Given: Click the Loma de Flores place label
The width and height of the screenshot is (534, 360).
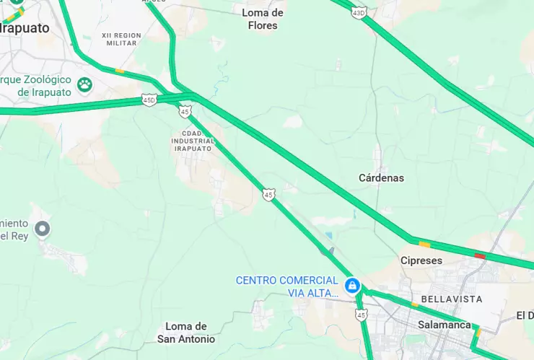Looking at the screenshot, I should tap(263, 19).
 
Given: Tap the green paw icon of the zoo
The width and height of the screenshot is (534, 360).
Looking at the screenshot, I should tap(85, 84).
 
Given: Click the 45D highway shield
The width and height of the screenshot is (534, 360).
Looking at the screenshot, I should tap(149, 100).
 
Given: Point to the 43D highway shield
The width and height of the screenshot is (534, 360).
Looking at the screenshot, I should tap(359, 12).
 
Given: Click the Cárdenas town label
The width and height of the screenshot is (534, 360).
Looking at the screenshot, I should tap(381, 177).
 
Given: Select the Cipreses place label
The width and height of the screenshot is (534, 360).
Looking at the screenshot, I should tap(421, 260).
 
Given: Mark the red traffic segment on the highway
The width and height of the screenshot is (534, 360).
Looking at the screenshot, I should tap(480, 255).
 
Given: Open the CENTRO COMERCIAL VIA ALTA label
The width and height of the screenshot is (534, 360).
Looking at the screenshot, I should tap(287, 286).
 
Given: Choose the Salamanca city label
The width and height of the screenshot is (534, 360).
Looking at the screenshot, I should tap(444, 325).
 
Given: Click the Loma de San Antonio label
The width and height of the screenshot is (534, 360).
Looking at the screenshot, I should tap(186, 333).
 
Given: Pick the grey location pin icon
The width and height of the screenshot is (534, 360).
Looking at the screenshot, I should tap(43, 229).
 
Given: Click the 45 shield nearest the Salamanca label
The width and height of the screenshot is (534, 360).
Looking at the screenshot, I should tap(361, 315).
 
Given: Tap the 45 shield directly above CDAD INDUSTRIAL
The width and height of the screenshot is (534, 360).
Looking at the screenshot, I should tap(185, 111).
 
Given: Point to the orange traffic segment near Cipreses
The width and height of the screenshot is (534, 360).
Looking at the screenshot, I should tap(424, 244).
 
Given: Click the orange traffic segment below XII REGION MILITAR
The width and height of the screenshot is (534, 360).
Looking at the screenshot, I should tap(119, 71).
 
